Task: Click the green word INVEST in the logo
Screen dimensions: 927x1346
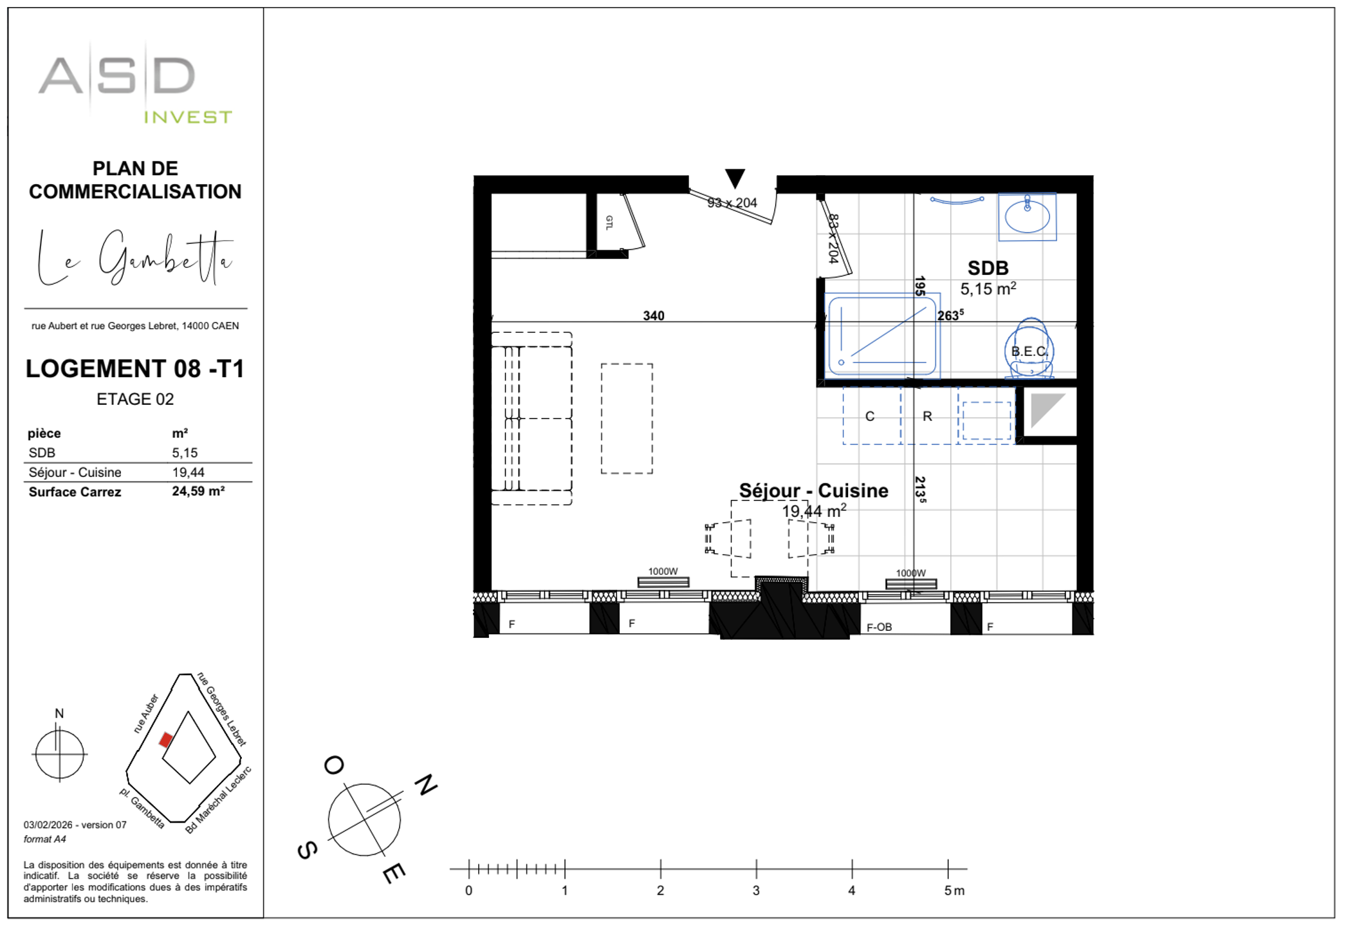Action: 187,117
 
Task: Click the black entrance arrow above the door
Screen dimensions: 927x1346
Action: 735,177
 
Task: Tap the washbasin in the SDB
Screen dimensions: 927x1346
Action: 1027,217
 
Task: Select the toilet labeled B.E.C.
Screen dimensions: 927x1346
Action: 1029,351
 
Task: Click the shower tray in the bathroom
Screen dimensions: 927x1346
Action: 881,335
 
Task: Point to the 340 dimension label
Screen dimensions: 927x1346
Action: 654,315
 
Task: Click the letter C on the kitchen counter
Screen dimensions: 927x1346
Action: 870,417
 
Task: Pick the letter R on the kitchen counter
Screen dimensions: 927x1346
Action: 927,417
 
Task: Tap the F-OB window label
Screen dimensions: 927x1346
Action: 879,627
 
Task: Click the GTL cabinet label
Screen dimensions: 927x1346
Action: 609,223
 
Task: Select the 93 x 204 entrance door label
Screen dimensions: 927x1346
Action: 732,203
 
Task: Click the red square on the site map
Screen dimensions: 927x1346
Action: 166,740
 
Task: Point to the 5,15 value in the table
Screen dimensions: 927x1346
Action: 185,453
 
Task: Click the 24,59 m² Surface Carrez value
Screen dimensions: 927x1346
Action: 198,491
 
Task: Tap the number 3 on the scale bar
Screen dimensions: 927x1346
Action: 756,890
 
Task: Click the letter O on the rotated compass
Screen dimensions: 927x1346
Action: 334,765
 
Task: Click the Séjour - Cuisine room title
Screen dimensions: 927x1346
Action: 813,491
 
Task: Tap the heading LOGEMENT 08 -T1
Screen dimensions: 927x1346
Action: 135,369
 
